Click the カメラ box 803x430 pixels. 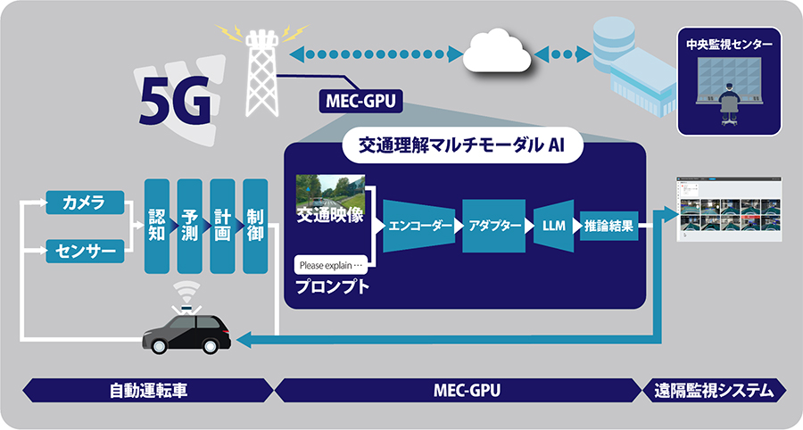tap(81, 203)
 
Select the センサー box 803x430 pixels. tap(81, 252)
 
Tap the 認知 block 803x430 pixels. tap(157, 226)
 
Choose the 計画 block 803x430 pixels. tap(222, 226)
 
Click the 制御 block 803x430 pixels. tap(255, 226)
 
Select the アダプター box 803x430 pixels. tap(493, 226)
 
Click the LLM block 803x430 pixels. tap(553, 226)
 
